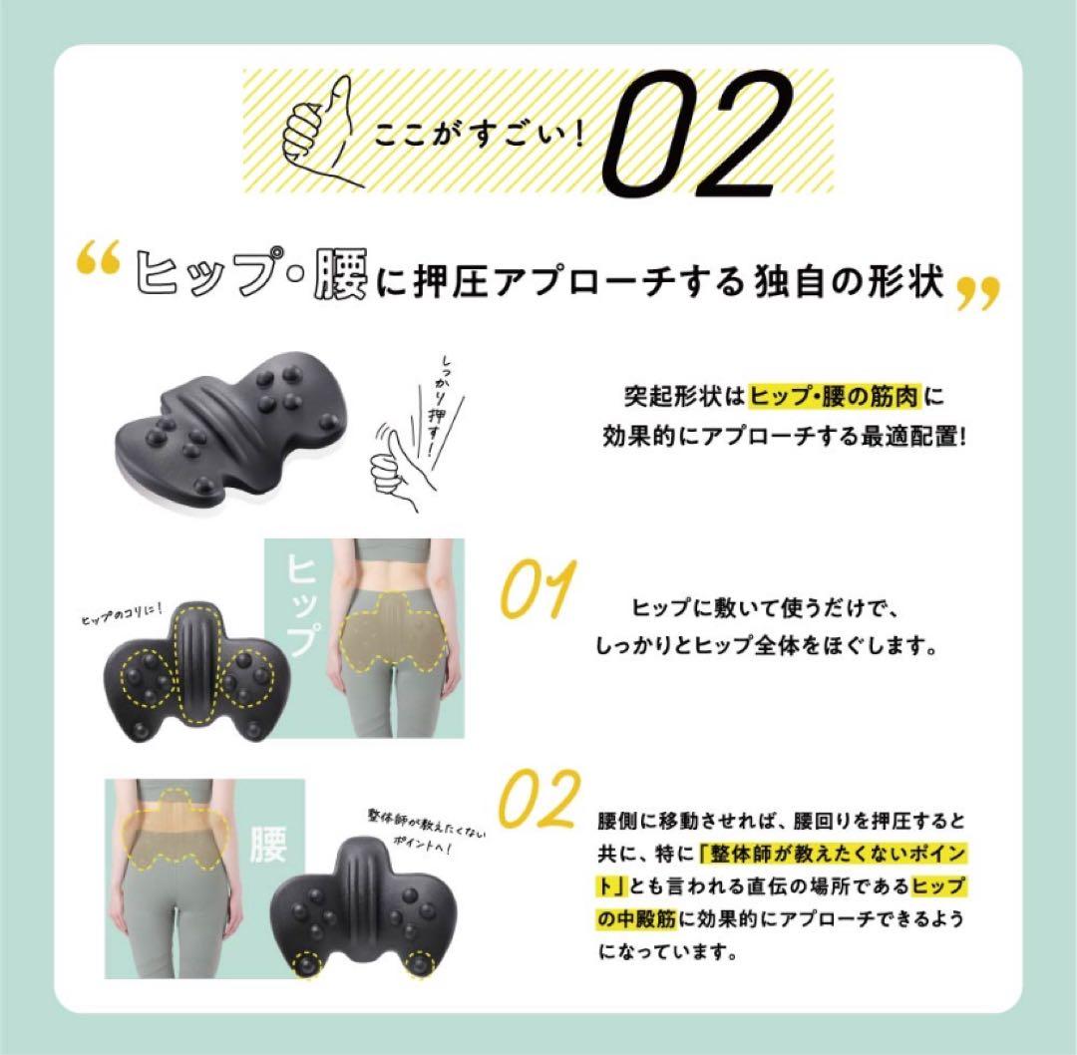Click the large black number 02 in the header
(695, 134)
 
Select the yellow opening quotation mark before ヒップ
(100, 262)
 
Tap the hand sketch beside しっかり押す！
(399, 463)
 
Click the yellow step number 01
(538, 591)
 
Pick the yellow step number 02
(538, 799)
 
